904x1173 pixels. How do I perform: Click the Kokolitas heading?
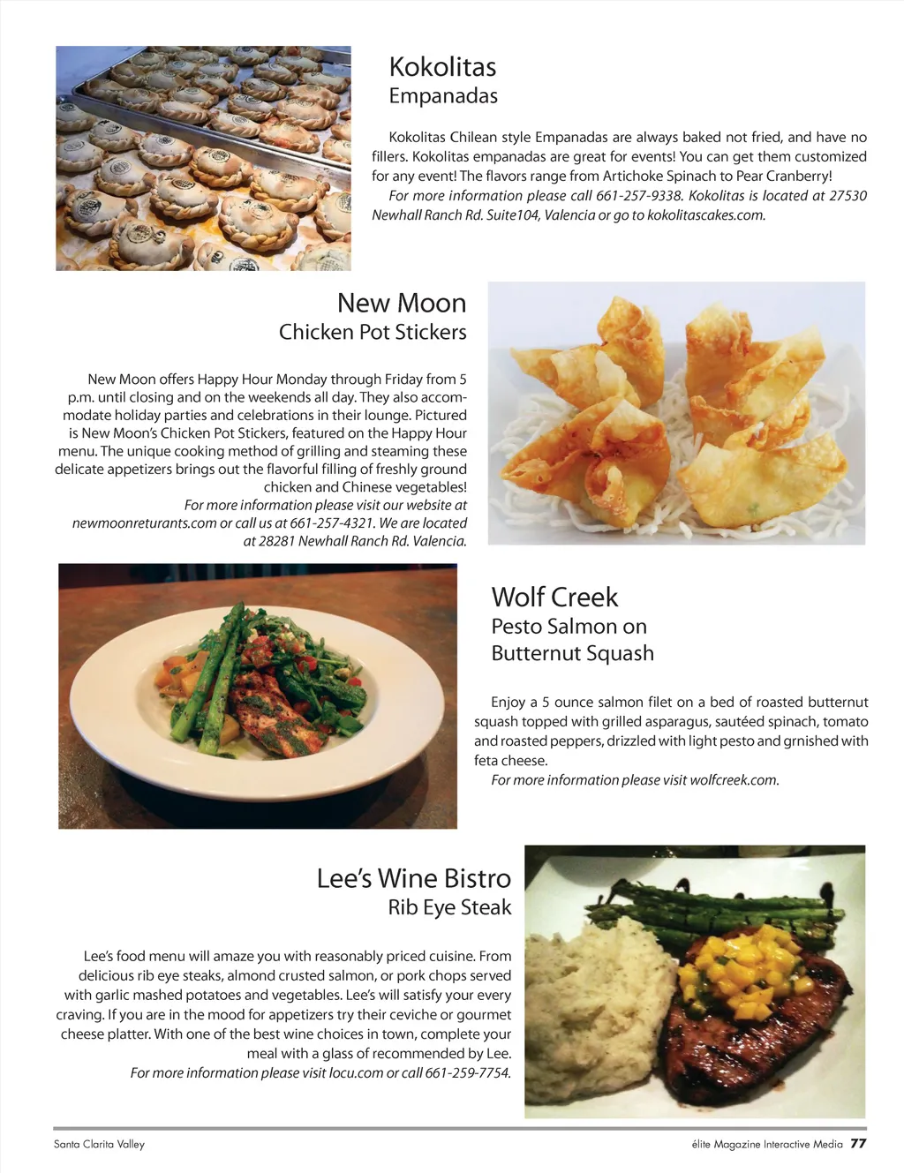tap(442, 67)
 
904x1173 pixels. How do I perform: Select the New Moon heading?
tap(401, 303)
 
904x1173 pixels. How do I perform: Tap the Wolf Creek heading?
tap(554, 597)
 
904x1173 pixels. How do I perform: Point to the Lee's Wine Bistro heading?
tap(413, 878)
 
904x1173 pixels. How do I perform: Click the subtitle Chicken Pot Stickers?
tap(373, 332)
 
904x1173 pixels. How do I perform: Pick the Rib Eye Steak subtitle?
tap(449, 907)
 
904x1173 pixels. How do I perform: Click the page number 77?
tap(858, 1144)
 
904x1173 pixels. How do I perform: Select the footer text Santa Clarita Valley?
tap(99, 1145)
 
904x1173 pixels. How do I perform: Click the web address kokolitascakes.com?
tap(705, 215)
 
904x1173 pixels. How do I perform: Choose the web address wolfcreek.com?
tap(734, 780)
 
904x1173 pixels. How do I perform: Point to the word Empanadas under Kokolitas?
tap(443, 96)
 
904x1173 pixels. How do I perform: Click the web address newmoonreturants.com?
tap(144, 523)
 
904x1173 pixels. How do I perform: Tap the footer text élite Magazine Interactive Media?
tap(766, 1145)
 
